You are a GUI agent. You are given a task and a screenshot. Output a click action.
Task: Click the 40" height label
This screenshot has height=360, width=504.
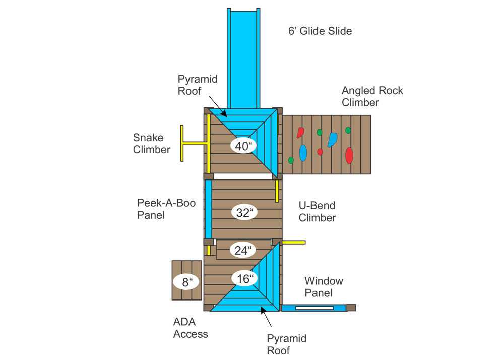(x=243, y=146)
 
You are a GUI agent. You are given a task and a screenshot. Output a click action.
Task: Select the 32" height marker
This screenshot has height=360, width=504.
(x=244, y=212)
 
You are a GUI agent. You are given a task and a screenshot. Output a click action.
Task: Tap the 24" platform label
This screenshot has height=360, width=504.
(x=243, y=250)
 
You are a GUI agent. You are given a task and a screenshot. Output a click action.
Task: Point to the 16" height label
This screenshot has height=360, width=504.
(x=244, y=278)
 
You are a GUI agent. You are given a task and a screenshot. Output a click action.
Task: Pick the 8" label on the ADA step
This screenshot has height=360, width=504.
(x=187, y=282)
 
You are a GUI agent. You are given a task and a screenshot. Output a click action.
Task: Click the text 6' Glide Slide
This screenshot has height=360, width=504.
(x=320, y=31)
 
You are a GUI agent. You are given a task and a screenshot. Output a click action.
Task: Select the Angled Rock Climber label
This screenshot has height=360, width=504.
(x=372, y=96)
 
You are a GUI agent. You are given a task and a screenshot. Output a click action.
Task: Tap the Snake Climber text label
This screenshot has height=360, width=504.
(x=151, y=143)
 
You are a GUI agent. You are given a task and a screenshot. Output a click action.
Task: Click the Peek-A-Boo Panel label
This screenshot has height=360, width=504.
(x=166, y=209)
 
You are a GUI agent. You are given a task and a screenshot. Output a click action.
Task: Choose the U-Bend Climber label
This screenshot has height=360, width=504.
(x=317, y=211)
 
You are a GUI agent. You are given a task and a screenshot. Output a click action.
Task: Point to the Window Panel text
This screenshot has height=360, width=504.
(x=324, y=287)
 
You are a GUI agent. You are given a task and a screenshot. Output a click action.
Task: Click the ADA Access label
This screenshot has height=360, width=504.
(x=191, y=328)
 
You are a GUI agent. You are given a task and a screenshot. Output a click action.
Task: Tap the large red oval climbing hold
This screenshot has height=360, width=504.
(x=349, y=156)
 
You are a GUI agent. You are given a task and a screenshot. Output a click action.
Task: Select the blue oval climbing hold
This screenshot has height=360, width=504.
(x=303, y=153)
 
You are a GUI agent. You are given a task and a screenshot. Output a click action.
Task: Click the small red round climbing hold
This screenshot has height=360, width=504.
(x=320, y=152)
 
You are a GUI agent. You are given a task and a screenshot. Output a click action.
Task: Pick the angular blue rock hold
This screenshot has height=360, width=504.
(x=332, y=140)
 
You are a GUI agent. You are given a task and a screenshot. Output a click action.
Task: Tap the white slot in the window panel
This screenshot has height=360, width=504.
(x=314, y=308)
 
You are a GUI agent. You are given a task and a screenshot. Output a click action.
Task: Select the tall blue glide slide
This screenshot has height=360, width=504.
(x=243, y=58)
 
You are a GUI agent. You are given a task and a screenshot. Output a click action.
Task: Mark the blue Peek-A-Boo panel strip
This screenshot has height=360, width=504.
(x=208, y=209)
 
